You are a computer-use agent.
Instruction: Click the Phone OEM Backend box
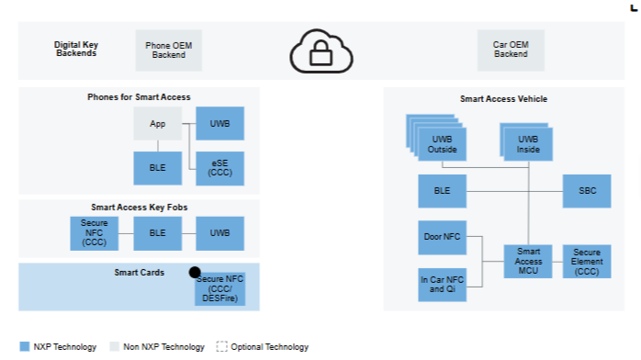click(x=168, y=51)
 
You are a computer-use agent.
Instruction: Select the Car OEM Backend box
click(x=511, y=50)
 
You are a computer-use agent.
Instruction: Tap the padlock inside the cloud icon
click(x=320, y=53)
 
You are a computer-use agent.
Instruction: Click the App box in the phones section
click(x=157, y=123)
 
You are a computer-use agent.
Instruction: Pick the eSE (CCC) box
click(x=219, y=168)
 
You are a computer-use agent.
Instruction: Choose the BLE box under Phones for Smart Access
click(x=157, y=168)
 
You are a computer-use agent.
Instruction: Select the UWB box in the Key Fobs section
click(x=219, y=233)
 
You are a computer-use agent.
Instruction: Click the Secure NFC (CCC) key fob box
click(x=94, y=233)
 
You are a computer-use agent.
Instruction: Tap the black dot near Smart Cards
click(x=195, y=272)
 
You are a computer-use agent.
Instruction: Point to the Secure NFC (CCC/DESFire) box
click(x=219, y=289)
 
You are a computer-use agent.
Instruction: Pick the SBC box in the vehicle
click(x=587, y=191)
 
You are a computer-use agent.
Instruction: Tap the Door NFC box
click(x=442, y=238)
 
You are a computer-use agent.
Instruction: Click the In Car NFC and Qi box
click(x=442, y=285)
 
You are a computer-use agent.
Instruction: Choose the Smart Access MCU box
click(x=528, y=262)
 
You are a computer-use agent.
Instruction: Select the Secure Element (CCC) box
click(x=587, y=262)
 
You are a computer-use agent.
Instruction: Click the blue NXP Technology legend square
click(x=25, y=346)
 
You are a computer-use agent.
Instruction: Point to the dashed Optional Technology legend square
click(x=221, y=346)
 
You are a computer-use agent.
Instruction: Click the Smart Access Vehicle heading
click(x=503, y=99)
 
